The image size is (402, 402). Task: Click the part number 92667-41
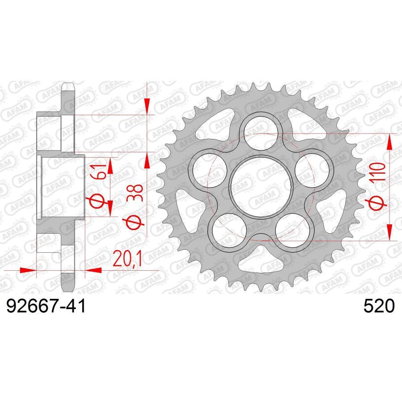pos(45,307)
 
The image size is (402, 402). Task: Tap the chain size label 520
pos(379,307)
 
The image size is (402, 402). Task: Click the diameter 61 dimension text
pos(99,184)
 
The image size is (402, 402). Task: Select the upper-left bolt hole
pos(207,170)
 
